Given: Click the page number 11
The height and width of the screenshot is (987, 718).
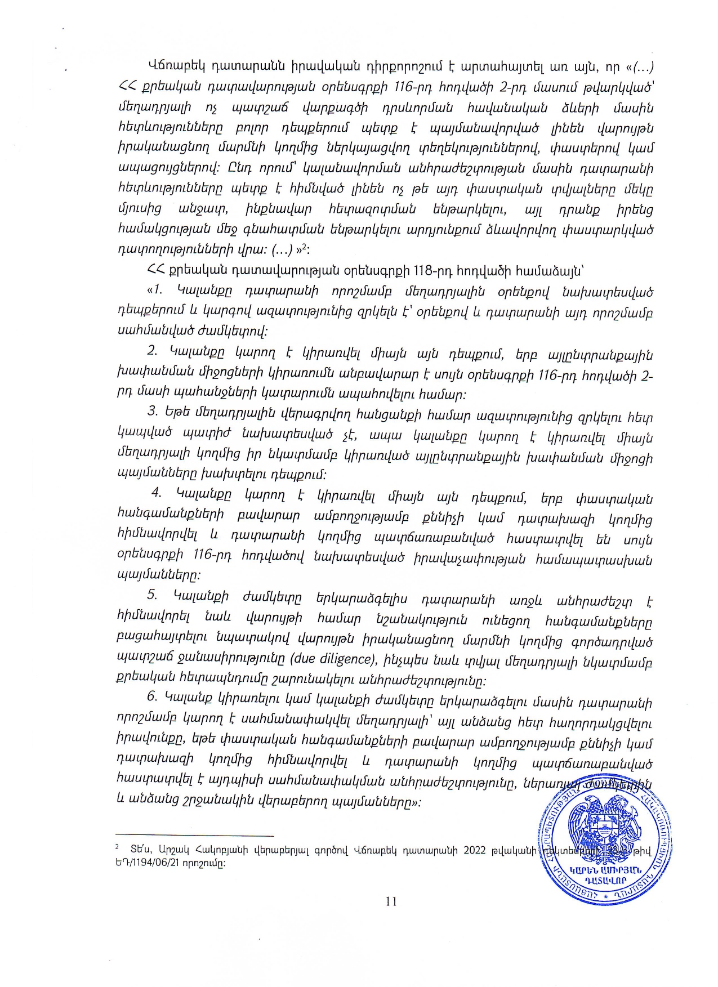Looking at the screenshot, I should [x=391, y=901].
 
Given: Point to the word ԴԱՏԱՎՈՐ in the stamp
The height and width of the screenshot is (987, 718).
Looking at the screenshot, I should [x=606, y=881].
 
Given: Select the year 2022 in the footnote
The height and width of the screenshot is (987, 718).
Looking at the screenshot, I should [x=474, y=850].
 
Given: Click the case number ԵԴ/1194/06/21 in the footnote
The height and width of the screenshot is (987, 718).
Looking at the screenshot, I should [x=151, y=863].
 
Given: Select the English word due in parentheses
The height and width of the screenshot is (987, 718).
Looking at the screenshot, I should [x=303, y=659].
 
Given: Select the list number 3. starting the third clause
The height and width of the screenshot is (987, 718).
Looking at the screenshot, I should [x=153, y=411].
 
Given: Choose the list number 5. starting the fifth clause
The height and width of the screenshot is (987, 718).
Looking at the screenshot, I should [x=152, y=595].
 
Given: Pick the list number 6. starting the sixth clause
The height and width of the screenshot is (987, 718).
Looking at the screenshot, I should [x=152, y=696].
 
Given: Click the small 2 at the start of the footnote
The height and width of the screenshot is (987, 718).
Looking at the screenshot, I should [x=117, y=846].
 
